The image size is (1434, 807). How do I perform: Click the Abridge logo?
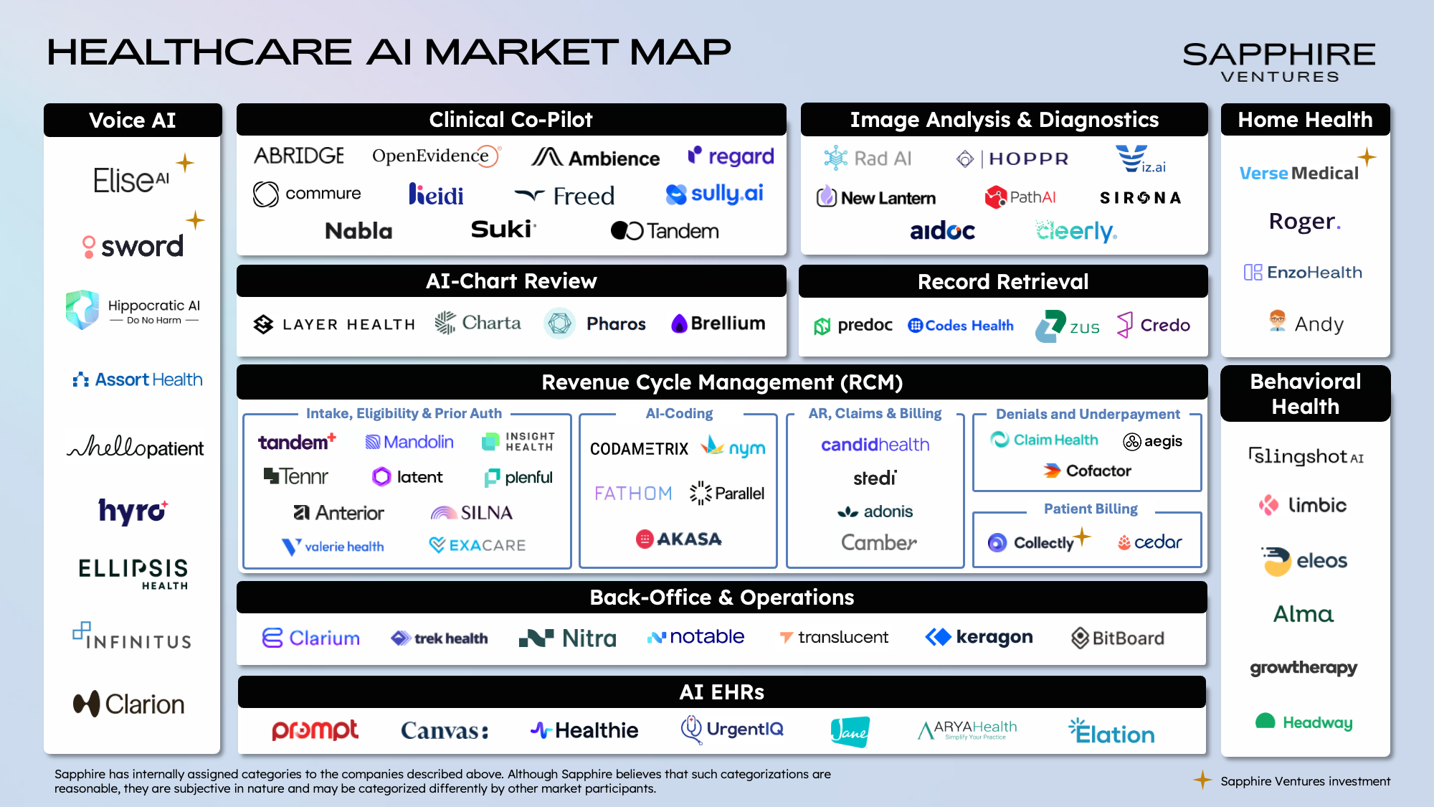click(x=299, y=156)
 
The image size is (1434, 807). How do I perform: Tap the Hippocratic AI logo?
click(x=133, y=311)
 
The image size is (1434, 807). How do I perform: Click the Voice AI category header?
click(x=133, y=120)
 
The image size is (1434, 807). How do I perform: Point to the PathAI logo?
click(x=1020, y=197)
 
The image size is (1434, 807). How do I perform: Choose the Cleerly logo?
click(x=1075, y=231)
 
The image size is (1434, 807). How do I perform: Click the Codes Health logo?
click(x=961, y=326)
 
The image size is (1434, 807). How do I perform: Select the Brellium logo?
click(x=718, y=324)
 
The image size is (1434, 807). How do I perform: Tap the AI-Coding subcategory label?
click(x=679, y=413)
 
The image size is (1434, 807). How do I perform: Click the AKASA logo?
click(x=679, y=539)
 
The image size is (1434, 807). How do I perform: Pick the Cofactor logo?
click(x=1087, y=471)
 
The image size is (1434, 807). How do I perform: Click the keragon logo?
click(x=979, y=637)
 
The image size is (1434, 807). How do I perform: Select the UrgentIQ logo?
click(x=732, y=730)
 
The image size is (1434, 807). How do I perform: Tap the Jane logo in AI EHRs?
click(x=850, y=732)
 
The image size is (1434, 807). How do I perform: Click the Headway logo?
click(x=1304, y=722)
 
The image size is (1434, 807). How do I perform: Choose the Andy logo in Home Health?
click(x=1306, y=324)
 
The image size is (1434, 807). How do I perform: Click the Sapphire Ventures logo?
click(x=1279, y=62)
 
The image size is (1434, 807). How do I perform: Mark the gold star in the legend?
click(x=1202, y=780)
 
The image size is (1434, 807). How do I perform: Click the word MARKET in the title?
click(x=521, y=52)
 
